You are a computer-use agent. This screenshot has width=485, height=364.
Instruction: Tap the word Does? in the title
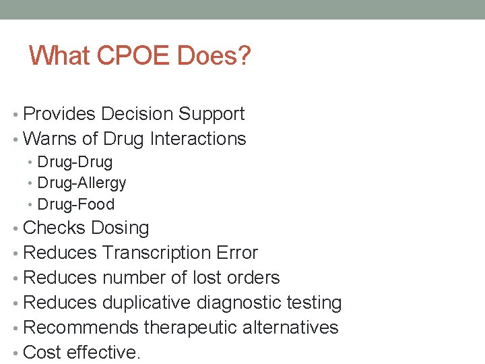click(214, 56)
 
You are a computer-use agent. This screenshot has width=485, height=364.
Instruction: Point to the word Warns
click(50, 139)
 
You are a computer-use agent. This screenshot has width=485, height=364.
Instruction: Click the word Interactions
click(198, 139)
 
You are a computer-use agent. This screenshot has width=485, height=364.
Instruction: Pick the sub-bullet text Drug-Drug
click(75, 162)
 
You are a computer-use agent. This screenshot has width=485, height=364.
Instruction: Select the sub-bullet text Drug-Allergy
click(82, 183)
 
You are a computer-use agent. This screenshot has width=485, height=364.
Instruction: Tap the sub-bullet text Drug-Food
click(76, 204)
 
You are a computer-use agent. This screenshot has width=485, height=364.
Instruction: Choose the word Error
click(237, 253)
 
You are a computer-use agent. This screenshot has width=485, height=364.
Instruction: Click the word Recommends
click(80, 328)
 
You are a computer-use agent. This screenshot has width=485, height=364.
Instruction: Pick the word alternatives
click(294, 328)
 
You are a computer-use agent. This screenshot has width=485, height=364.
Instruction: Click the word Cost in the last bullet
click(42, 353)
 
